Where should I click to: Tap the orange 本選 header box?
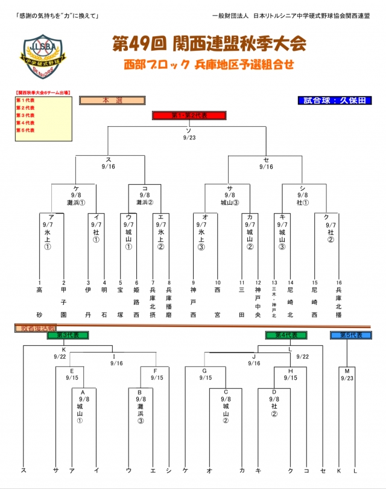coord(111,101)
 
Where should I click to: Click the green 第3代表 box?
coord(68,335)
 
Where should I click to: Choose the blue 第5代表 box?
coord(350,335)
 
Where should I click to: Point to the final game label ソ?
coord(188,130)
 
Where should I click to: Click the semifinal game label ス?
coord(109,159)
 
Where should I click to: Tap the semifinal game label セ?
coord(266,159)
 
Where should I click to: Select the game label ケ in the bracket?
coord(77,188)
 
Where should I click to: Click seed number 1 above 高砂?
coord(39,282)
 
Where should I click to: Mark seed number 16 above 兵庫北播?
coord(338,282)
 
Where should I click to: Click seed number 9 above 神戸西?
coord(194,282)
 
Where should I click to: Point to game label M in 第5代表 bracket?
coord(347,371)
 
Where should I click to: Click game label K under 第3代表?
coord(63,350)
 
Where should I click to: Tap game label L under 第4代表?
coord(290,350)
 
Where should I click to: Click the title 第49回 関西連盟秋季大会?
coord(209,44)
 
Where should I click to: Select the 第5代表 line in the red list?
coord(25,130)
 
